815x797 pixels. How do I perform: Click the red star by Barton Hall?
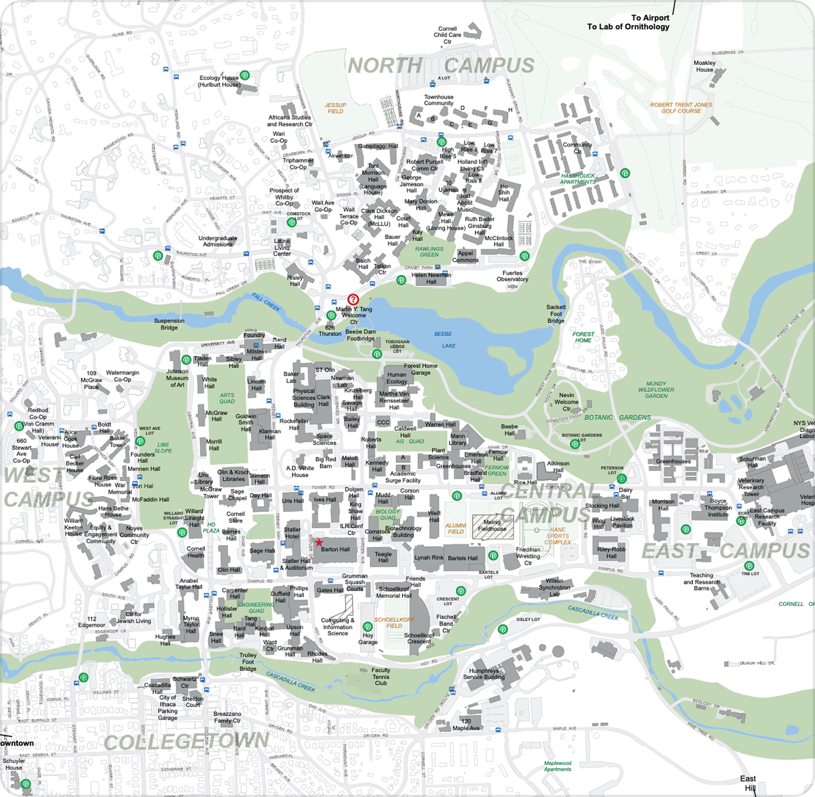tap(319, 542)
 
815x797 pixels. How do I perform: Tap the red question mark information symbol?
tap(353, 299)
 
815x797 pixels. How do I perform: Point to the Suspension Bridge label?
tap(169, 324)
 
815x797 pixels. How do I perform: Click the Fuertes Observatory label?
tap(512, 276)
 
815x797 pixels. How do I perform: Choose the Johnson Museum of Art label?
tap(177, 378)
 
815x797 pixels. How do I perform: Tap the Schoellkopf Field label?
tap(394, 622)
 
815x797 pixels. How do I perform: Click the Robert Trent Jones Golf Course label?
tap(681, 108)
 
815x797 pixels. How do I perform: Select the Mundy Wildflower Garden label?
tap(656, 390)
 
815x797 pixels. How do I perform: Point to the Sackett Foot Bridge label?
tap(556, 314)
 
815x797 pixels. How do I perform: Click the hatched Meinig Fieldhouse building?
tap(492, 526)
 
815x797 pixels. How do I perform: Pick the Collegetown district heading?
tap(186, 742)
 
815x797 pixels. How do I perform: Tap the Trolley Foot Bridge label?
tap(248, 662)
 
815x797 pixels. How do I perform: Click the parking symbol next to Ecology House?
tap(245, 76)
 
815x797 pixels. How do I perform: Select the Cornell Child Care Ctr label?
tap(447, 35)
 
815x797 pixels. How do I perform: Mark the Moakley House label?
tap(704, 66)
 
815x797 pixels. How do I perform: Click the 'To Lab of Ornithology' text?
tap(628, 26)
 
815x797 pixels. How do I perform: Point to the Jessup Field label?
tap(335, 108)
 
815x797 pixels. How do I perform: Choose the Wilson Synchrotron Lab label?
tap(554, 587)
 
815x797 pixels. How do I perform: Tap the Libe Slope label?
tap(163, 448)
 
